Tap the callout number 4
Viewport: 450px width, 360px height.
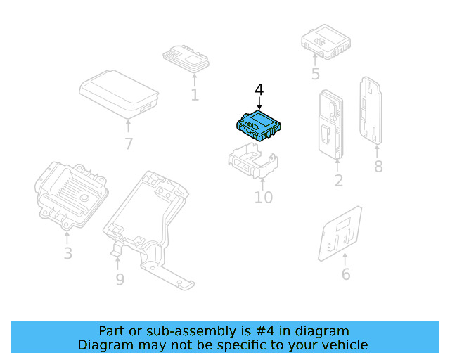point(259,90)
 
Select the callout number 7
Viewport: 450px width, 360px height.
point(128,144)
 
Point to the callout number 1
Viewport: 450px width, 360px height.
point(195,95)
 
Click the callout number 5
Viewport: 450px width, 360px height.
point(315,74)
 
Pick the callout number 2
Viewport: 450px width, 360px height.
point(338,181)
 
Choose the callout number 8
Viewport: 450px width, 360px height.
point(378,167)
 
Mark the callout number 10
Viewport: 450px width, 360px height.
point(263,198)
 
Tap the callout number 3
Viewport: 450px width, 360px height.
point(67,253)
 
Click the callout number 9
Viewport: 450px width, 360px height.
point(120,280)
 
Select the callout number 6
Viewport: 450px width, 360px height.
point(346,274)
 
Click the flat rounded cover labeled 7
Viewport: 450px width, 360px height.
point(118,93)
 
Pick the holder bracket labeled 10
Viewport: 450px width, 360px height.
point(251,162)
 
